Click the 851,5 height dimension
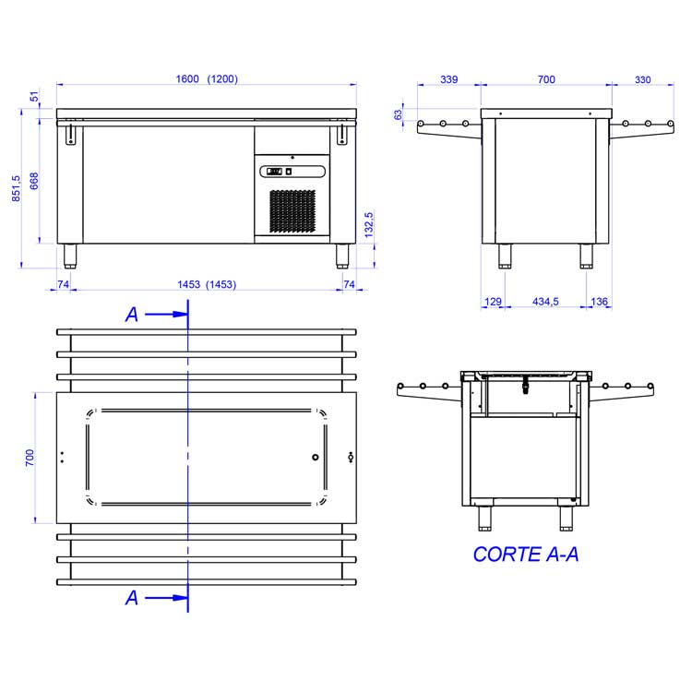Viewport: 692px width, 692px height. pos(16,188)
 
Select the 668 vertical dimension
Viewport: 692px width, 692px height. pos(34,181)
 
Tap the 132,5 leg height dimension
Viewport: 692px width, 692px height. pos(369,225)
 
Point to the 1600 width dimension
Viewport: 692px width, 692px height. pos(187,79)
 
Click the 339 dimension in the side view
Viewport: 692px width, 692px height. pos(448,79)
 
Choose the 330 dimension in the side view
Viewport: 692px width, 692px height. pos(642,80)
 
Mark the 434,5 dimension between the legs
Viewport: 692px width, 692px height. pos(545,302)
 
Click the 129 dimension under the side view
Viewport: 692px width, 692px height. pos(493,302)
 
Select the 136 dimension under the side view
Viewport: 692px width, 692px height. pos(600,302)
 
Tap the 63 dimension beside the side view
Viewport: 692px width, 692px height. pos(398,114)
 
